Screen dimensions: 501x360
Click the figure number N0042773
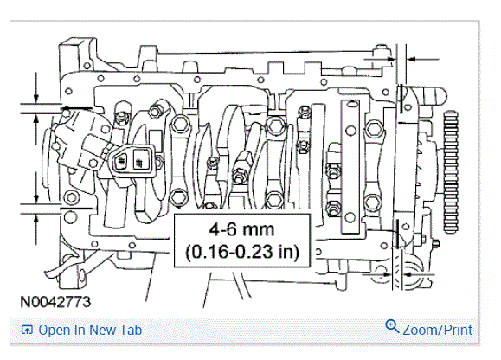(x=55, y=302)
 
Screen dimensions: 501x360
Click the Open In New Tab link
(x=90, y=331)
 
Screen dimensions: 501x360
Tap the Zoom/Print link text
(x=437, y=330)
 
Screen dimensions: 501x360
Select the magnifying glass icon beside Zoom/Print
(x=392, y=326)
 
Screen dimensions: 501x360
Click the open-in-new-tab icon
(x=27, y=330)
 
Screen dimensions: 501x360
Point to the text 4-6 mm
(x=242, y=229)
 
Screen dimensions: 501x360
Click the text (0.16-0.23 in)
(x=242, y=252)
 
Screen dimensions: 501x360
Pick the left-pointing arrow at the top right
(x=423, y=59)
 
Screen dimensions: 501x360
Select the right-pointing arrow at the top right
(x=380, y=59)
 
